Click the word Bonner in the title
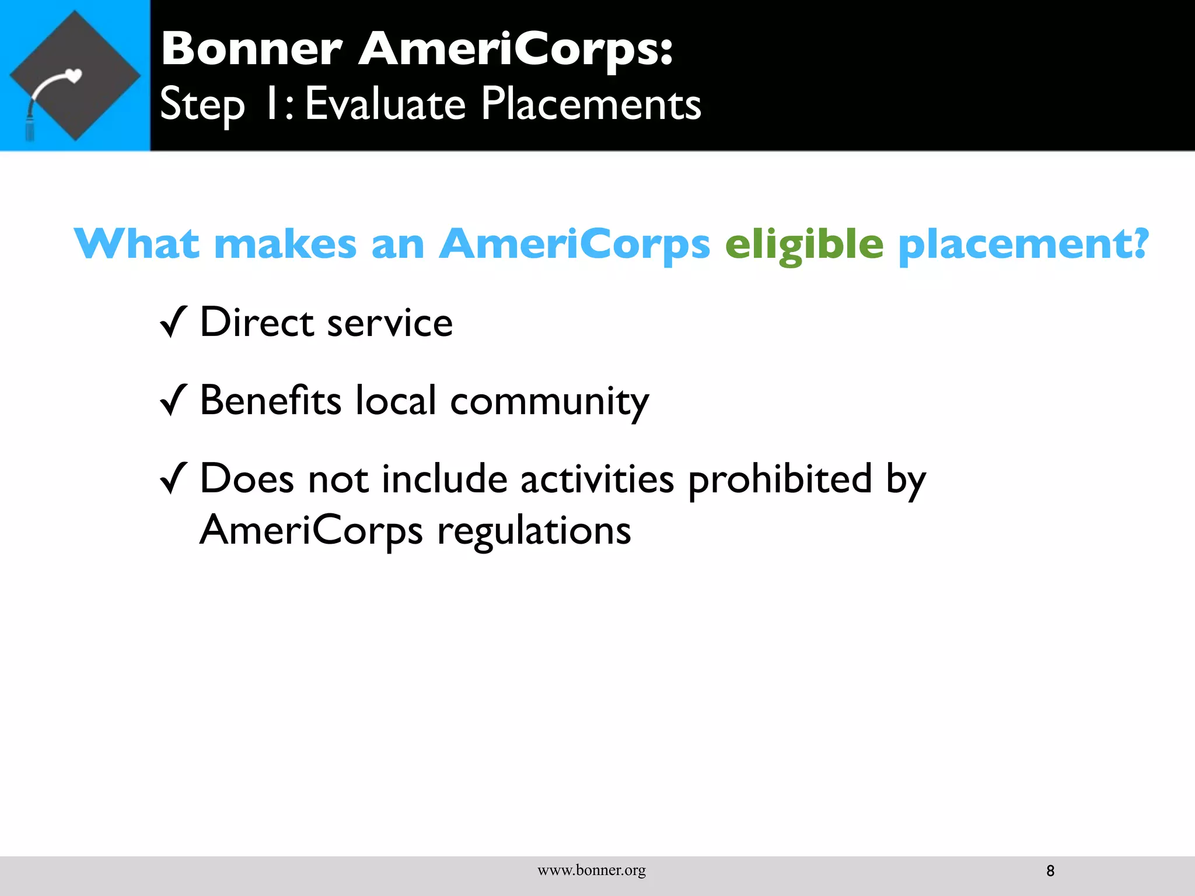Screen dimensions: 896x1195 click(251, 49)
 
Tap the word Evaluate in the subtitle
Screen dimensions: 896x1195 click(385, 105)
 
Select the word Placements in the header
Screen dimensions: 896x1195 click(590, 105)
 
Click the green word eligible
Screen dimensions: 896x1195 click(804, 244)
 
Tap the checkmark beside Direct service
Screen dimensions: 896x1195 click(173, 322)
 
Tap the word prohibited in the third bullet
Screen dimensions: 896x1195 click(780, 480)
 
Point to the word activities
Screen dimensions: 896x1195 click(597, 480)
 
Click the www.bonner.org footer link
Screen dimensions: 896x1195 click(591, 870)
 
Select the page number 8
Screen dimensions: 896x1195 click(1050, 871)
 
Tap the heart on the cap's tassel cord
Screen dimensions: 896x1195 click(74, 75)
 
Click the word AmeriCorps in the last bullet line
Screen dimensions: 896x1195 click(311, 531)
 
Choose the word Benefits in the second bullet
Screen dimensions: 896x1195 click(270, 401)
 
